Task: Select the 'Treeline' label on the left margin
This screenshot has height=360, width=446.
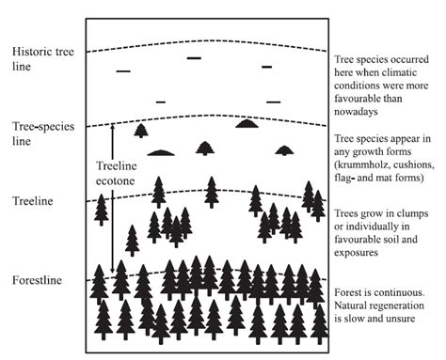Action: pos(31,201)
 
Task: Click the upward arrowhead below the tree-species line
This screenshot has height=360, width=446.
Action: pos(113,128)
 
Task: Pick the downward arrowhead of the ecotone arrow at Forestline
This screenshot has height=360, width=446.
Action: pos(113,271)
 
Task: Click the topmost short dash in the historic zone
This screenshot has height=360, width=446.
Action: pos(194,58)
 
